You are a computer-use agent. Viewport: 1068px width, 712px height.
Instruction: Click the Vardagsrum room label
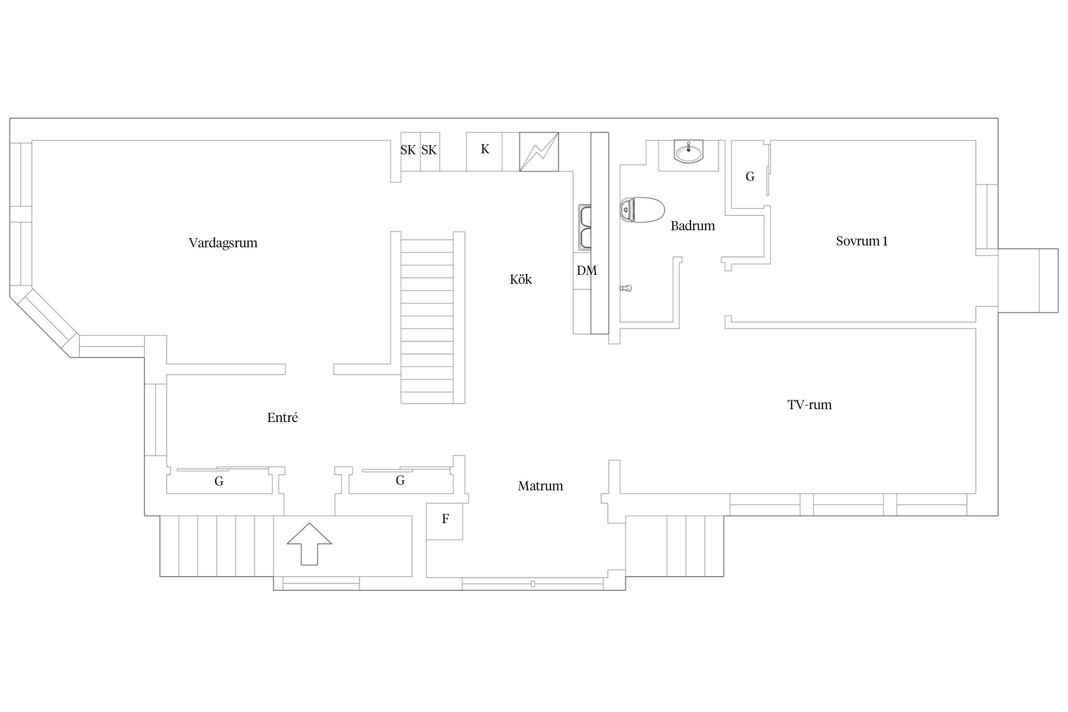[223, 243]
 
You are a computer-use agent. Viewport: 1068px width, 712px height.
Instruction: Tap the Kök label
[521, 279]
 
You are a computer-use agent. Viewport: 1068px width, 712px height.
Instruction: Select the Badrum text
[693, 225]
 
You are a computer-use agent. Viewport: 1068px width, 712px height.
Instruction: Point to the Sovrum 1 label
[862, 241]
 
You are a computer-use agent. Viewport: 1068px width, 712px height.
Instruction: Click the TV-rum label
[809, 405]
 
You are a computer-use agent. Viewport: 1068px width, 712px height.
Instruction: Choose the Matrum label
[540, 486]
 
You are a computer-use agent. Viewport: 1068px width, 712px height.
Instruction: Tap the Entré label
[282, 418]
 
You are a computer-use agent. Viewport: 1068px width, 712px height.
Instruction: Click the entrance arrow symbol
[309, 544]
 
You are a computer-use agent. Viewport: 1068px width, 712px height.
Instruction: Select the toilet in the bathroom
[642, 210]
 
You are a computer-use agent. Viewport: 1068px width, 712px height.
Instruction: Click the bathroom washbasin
[688, 152]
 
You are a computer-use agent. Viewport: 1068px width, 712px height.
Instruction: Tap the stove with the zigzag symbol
[539, 151]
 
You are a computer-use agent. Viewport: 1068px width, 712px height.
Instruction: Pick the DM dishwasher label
[587, 271]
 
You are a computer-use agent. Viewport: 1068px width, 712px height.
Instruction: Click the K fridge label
[485, 150]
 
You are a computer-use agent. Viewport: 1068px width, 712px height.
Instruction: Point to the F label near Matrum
[445, 519]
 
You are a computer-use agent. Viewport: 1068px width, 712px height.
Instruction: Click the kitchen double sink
[585, 228]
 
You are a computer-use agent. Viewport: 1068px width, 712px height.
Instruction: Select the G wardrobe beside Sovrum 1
[750, 177]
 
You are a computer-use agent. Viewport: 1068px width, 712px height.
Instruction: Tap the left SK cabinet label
[408, 150]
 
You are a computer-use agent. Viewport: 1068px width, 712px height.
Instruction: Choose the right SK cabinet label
[429, 150]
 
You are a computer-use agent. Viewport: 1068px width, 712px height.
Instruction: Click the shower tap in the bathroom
[626, 288]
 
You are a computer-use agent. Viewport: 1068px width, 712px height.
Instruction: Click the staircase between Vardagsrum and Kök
[427, 318]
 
